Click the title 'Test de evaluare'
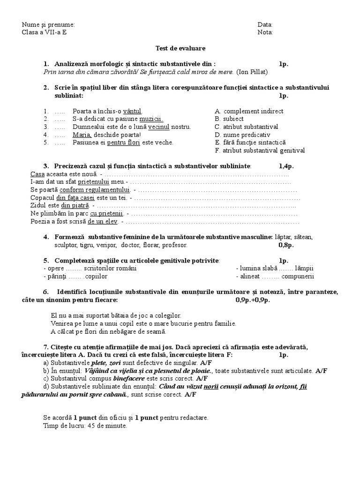click(x=180, y=48)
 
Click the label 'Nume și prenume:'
click(x=48, y=25)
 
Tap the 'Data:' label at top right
click(x=265, y=25)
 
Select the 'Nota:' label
click(x=265, y=32)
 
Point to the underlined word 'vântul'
click(x=132, y=112)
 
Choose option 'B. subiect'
click(x=229, y=119)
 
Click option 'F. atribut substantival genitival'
click(x=260, y=150)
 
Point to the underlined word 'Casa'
click(x=37, y=174)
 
